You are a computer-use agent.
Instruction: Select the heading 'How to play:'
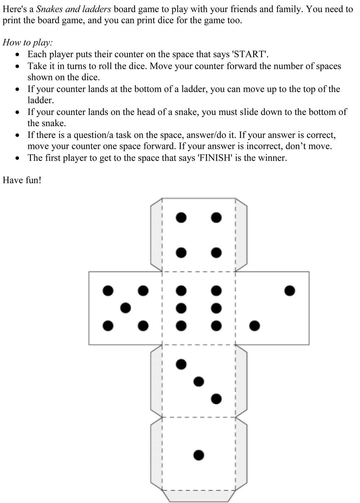(28, 43)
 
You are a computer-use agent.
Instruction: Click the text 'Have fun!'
(22, 180)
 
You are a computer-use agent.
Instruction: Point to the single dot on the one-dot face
(198, 455)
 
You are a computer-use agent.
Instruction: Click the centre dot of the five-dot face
(125, 308)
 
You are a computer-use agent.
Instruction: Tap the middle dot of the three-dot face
(198, 381)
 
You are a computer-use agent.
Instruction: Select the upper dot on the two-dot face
(289, 290)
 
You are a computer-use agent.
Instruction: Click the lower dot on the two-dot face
(255, 326)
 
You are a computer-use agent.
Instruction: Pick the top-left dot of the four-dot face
(181, 217)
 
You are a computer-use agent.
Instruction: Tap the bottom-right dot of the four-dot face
(216, 253)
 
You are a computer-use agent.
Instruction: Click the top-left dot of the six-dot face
(181, 290)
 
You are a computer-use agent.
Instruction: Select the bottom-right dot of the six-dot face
(216, 326)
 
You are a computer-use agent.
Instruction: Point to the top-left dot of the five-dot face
(108, 290)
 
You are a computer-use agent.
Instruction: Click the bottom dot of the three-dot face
(216, 399)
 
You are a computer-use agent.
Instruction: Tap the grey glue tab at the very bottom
(199, 496)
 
